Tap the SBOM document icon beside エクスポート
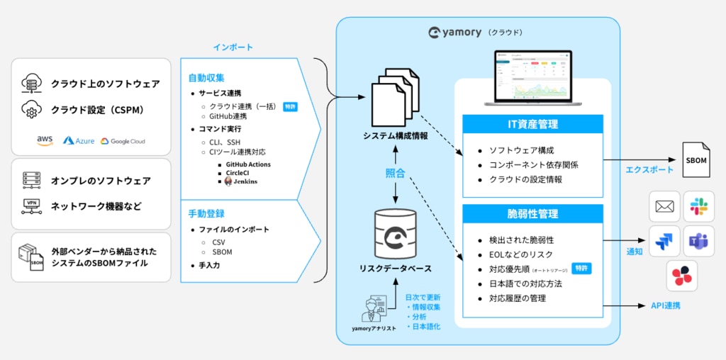pyautogui.click(x=696, y=160)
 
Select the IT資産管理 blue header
pyautogui.click(x=532, y=125)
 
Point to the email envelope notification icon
pyautogui.click(x=664, y=206)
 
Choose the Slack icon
pyautogui.click(x=699, y=206)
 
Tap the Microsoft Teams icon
pyautogui.click(x=699, y=241)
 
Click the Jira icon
pyautogui.click(x=664, y=241)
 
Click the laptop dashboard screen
pyautogui.click(x=532, y=75)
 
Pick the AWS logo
pyautogui.click(x=45, y=140)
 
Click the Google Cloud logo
pyautogui.click(x=123, y=141)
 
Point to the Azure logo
pyautogui.click(x=79, y=141)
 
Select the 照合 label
pyautogui.click(x=396, y=173)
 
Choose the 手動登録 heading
pyautogui.click(x=206, y=213)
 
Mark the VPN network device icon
pyautogui.click(x=31, y=206)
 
